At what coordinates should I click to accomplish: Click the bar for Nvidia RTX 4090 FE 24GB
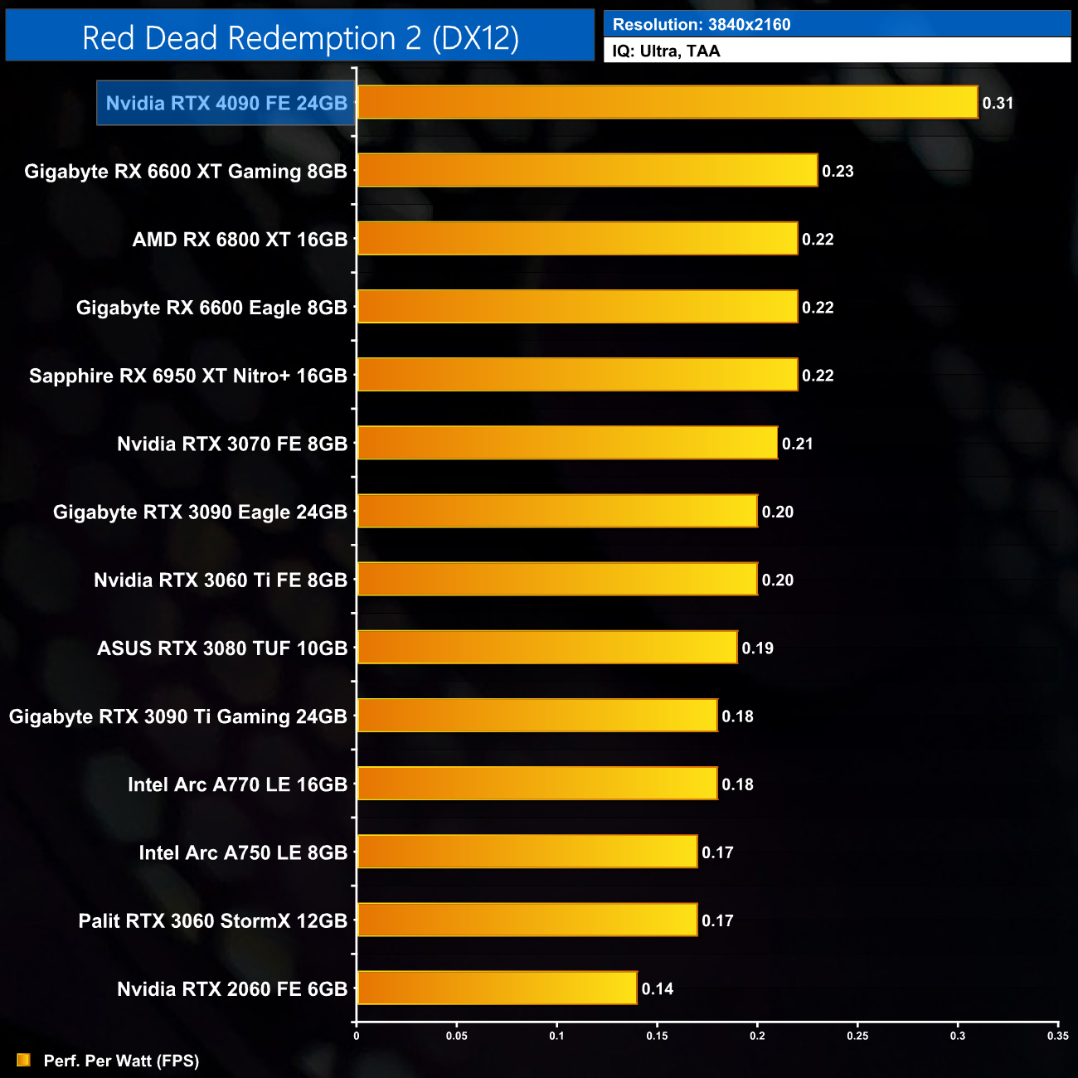click(x=668, y=103)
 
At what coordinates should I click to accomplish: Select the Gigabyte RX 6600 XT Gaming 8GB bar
click(x=587, y=171)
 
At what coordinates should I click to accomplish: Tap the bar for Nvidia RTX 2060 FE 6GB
click(x=497, y=988)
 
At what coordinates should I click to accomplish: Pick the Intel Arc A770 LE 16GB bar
click(x=537, y=784)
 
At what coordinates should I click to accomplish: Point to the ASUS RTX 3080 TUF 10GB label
click(x=222, y=648)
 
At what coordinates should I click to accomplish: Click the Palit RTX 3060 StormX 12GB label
click(x=213, y=920)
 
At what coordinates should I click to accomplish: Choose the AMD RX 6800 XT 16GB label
click(x=240, y=240)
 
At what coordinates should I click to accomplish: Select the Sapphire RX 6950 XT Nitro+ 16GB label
click(x=188, y=376)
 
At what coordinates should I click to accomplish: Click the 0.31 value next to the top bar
click(x=998, y=104)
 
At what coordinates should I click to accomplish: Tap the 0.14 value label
click(x=658, y=988)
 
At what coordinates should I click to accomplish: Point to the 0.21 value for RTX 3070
click(x=798, y=444)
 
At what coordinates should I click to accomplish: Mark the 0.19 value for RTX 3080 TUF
click(x=758, y=648)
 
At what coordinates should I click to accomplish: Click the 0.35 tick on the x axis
click(x=1058, y=1036)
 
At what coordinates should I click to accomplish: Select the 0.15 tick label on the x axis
click(x=657, y=1036)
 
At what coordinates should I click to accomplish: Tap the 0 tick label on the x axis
click(x=357, y=1036)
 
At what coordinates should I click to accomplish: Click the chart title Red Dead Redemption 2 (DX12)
click(x=300, y=38)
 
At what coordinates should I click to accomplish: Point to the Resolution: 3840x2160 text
click(x=702, y=25)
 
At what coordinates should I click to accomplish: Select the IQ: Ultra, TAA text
click(x=666, y=51)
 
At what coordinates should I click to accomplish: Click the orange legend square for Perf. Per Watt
click(x=23, y=1060)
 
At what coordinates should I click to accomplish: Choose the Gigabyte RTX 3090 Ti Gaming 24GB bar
click(x=537, y=716)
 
